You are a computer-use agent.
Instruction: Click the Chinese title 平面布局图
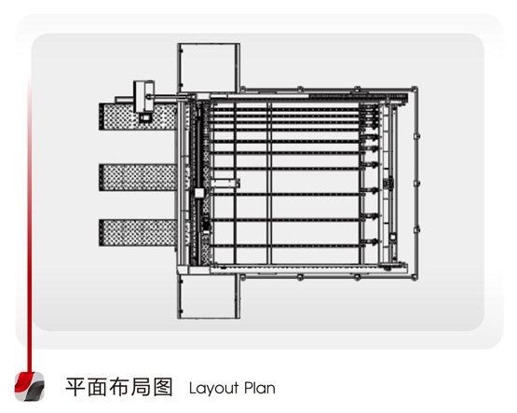(119, 387)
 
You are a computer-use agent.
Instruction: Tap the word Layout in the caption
(213, 388)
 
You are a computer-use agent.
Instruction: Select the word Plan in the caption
(260, 388)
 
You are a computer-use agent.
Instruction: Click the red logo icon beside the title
(30, 387)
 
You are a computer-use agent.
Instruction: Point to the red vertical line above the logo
(30, 225)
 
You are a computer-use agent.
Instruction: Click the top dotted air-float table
(138, 117)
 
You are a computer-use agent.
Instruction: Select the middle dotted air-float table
(138, 177)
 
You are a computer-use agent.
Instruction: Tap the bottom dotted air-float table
(138, 232)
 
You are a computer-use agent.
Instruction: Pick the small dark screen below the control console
(145, 117)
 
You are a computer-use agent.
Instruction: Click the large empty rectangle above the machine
(209, 68)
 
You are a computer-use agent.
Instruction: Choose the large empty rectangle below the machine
(209, 296)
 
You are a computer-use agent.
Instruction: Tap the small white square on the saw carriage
(199, 193)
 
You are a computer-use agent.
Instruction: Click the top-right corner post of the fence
(415, 89)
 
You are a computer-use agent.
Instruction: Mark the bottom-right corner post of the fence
(415, 278)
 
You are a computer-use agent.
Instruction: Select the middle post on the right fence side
(416, 183)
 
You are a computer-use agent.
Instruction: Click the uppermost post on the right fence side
(416, 135)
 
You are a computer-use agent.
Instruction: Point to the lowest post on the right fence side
(416, 229)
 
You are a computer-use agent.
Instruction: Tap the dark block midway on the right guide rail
(388, 183)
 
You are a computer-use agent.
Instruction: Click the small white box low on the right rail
(393, 237)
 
